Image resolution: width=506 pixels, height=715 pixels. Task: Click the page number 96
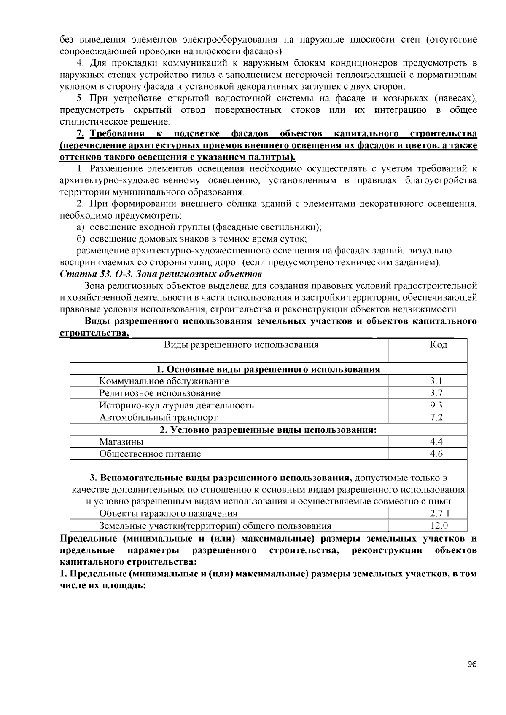point(472,664)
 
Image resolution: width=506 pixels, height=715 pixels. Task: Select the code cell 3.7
point(436,393)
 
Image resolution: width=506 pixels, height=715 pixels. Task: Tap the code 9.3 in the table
point(436,406)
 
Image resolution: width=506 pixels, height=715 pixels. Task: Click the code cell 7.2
point(436,418)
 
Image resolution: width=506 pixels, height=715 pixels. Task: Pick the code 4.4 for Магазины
point(436,442)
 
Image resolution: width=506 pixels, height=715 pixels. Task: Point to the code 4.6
point(436,454)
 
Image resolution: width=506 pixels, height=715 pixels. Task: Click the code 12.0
point(439,526)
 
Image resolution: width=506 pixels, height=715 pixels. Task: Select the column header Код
point(439,345)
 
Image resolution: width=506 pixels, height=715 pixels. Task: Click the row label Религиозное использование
point(160,393)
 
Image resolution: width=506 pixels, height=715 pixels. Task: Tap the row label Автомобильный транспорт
point(158,418)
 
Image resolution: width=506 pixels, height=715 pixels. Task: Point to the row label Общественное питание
point(150,454)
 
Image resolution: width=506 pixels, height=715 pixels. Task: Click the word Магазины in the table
point(121,442)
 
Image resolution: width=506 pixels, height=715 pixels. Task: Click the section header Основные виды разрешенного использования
point(268,369)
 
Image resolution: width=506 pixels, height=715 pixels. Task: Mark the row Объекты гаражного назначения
point(168,513)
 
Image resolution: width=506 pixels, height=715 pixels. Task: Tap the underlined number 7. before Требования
point(80,134)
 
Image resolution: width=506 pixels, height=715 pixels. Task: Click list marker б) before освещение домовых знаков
point(81,239)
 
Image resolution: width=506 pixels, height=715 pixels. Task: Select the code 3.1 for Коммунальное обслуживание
point(436,381)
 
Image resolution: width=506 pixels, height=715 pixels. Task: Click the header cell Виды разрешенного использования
point(241,345)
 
